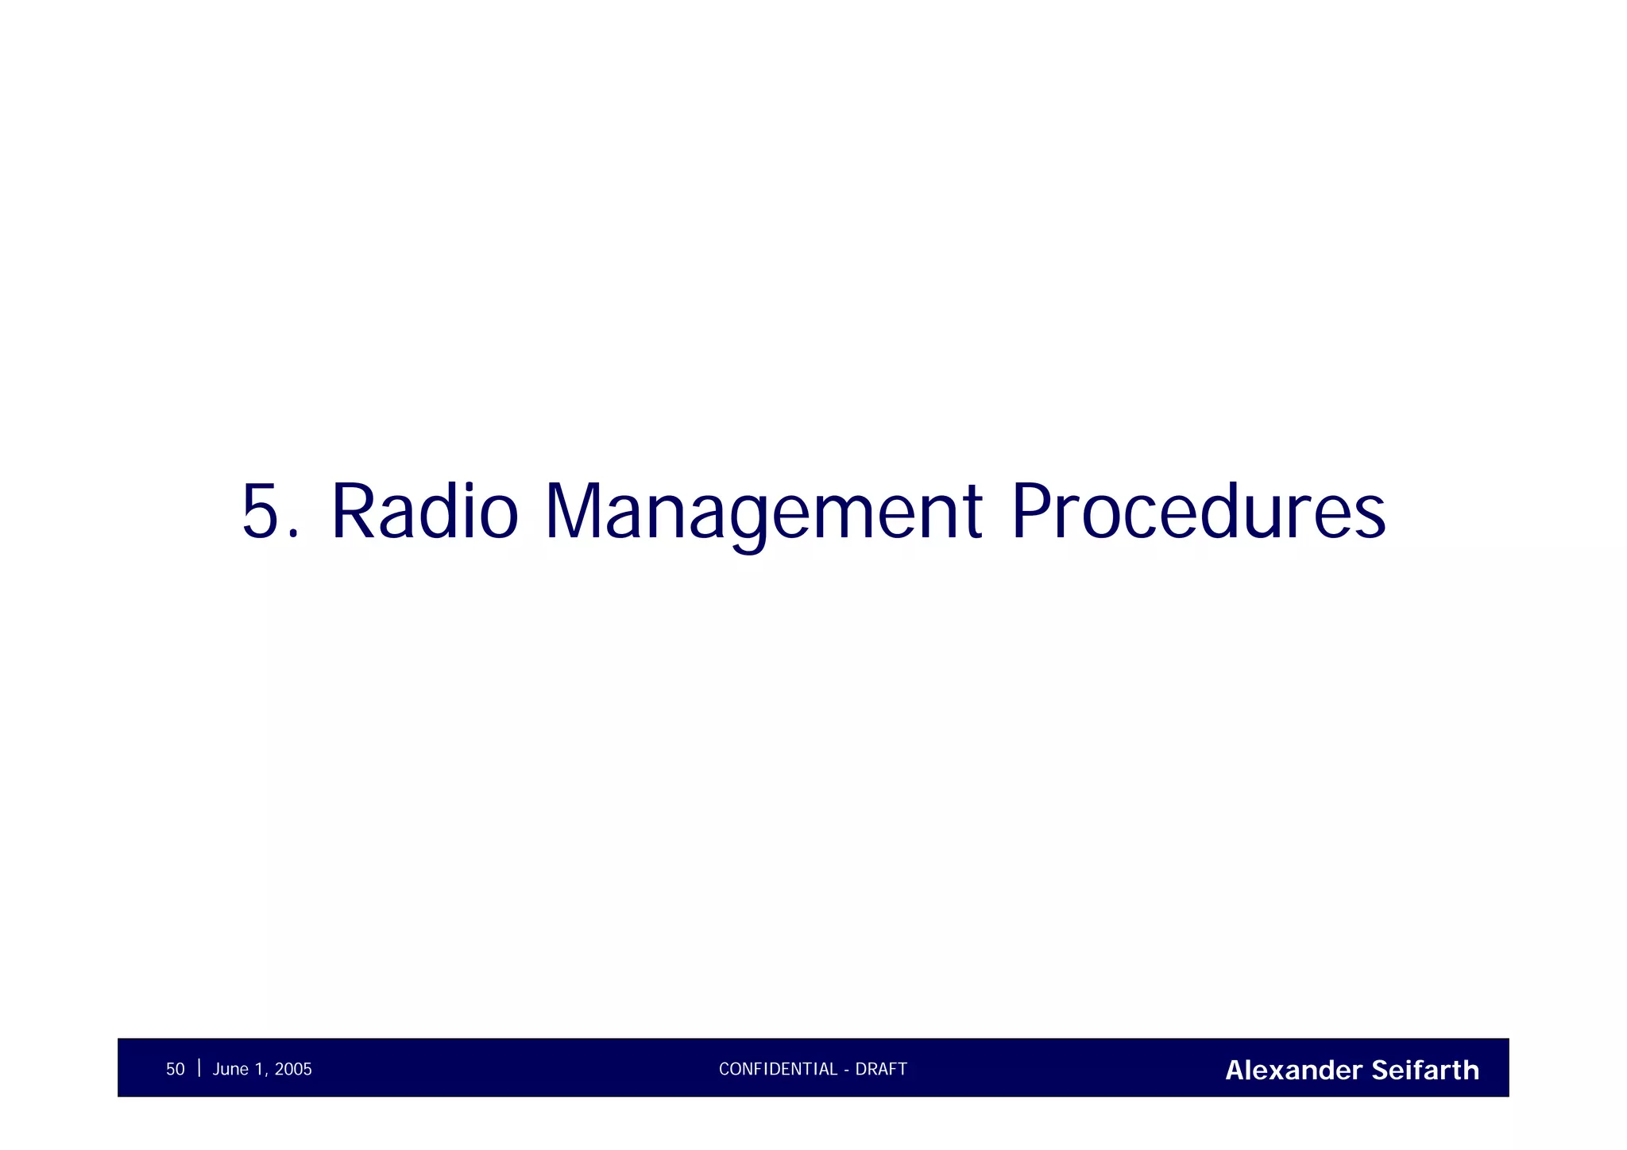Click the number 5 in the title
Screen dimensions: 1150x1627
[261, 513]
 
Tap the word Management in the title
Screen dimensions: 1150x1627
[763, 513]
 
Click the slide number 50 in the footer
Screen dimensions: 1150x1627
[175, 1070]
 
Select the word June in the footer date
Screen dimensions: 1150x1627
[230, 1070]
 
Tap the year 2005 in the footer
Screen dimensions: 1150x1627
[293, 1070]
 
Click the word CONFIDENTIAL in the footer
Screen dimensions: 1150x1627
[778, 1070]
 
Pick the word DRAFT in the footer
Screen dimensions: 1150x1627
[881, 1070]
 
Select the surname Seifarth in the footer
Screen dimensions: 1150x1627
[1425, 1071]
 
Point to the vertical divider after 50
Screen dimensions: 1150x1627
[199, 1068]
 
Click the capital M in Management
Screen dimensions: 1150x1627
[572, 513]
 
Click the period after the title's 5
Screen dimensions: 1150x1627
[295, 536]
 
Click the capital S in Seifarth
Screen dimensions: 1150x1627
[1380, 1071]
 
